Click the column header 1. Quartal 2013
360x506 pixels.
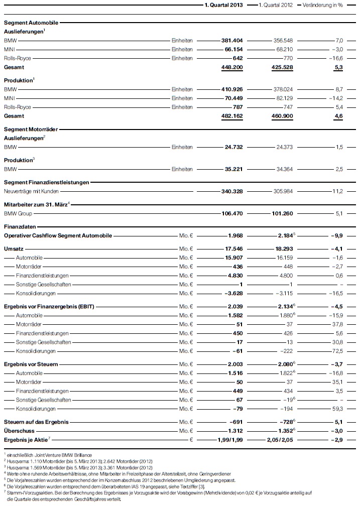[223, 5]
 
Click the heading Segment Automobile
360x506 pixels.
[31, 23]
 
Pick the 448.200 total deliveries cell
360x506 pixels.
[231, 67]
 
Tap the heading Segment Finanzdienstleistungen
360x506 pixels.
[46, 182]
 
